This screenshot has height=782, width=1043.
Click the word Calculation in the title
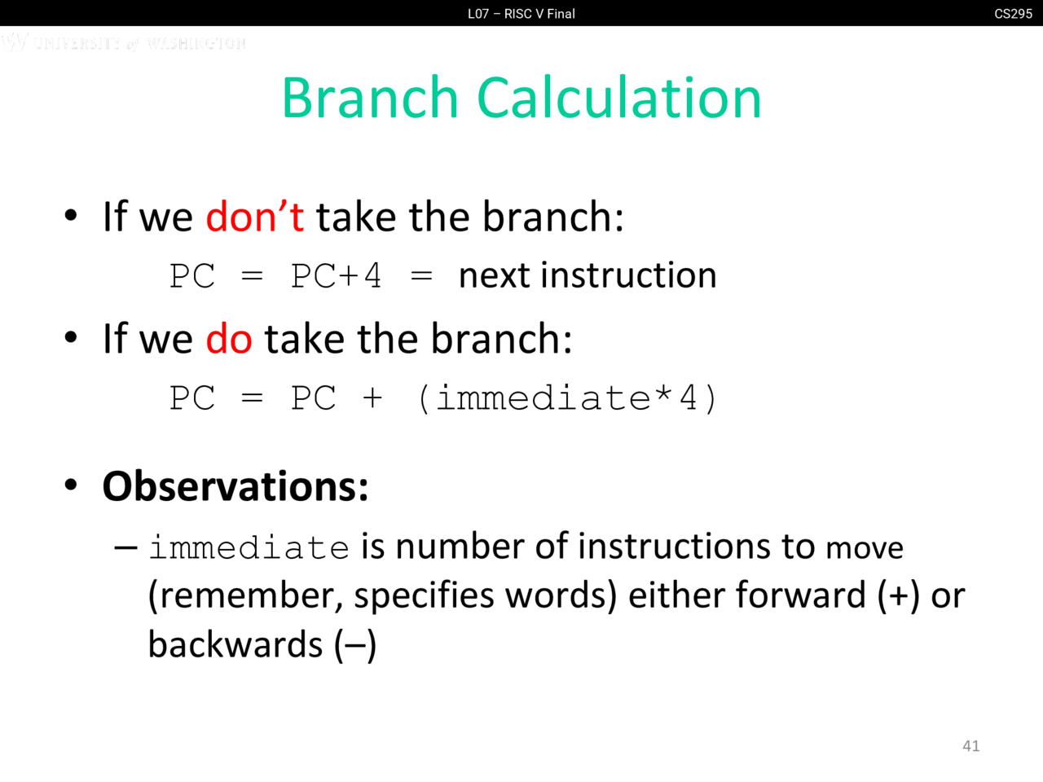point(619,97)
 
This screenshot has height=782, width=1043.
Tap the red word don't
point(255,217)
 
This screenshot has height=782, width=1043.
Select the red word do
point(228,339)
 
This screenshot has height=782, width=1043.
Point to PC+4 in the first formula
point(336,276)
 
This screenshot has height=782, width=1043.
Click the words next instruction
point(588,275)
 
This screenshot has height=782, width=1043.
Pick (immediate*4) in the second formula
point(567,398)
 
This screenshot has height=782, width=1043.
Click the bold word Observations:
point(235,486)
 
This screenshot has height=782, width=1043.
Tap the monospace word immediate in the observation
point(249,547)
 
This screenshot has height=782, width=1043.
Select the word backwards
point(235,644)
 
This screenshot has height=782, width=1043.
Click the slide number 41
point(970,746)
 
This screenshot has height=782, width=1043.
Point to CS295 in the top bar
point(1013,14)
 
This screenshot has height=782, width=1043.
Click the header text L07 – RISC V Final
point(521,14)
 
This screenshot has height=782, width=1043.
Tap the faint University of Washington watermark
point(124,42)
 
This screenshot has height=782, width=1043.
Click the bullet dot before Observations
point(71,485)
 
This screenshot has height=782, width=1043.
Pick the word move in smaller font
point(865,549)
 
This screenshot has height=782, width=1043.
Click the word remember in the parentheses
point(246,597)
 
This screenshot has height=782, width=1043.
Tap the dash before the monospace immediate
point(126,548)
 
